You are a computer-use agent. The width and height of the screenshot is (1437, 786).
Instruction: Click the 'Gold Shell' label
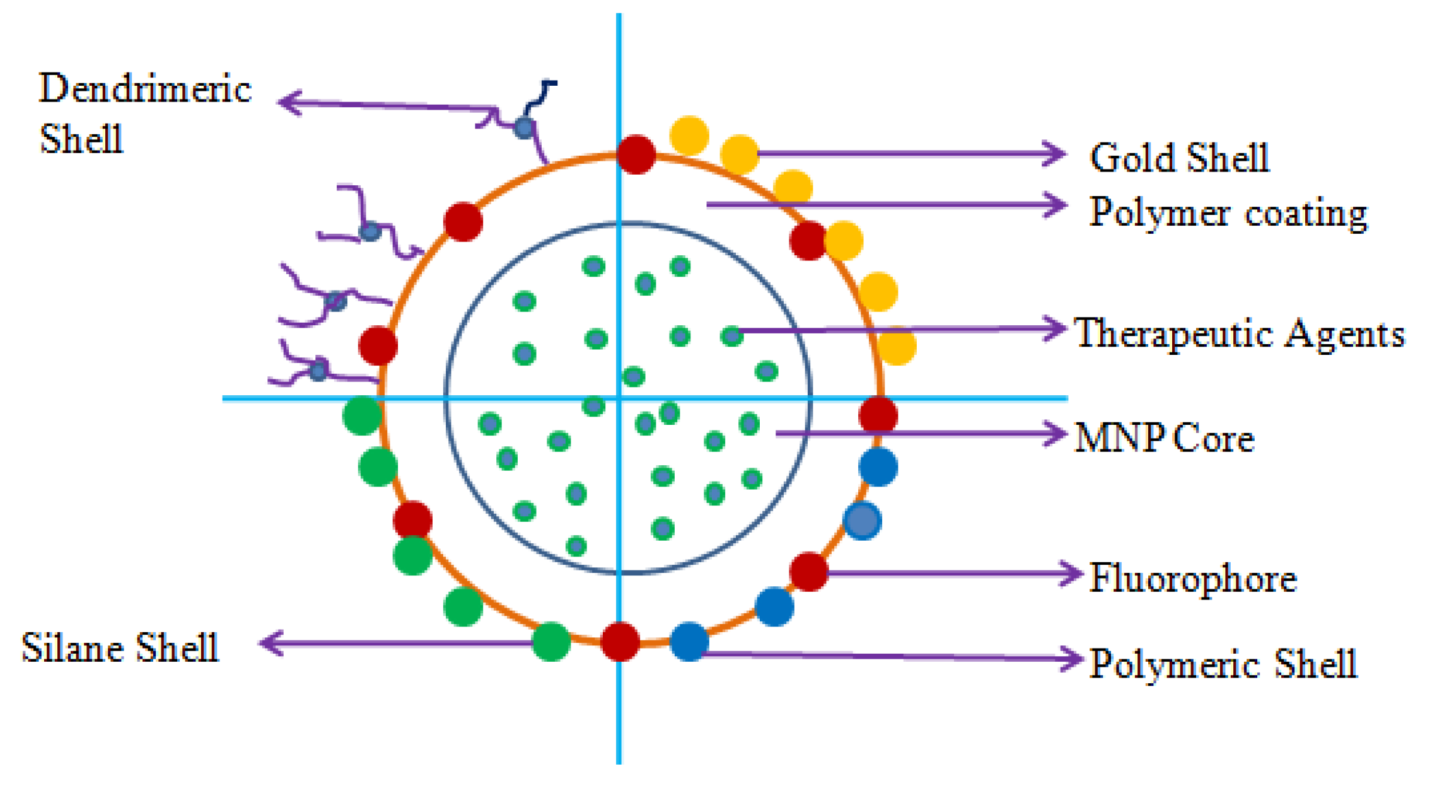click(x=1178, y=158)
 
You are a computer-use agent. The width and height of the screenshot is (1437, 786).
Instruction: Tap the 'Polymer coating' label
click(x=1228, y=212)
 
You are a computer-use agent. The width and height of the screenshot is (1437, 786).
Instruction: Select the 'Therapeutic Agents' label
click(x=1240, y=333)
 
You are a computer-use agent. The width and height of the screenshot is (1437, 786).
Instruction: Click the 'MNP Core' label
click(x=1164, y=437)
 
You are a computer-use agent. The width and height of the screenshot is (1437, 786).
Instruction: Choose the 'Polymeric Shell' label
click(x=1223, y=664)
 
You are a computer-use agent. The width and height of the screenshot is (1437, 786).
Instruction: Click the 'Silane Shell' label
click(x=120, y=647)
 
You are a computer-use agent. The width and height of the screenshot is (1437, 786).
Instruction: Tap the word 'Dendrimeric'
click(x=145, y=88)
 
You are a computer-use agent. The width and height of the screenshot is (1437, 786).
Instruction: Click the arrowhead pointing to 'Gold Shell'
click(x=1055, y=153)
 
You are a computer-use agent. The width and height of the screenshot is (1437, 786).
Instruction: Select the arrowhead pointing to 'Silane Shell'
click(x=270, y=644)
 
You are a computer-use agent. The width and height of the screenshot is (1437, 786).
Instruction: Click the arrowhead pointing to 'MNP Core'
click(x=1055, y=434)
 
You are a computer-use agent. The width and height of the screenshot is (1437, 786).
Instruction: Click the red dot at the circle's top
click(x=636, y=154)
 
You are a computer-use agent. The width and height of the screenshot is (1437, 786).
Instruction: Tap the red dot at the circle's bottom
click(x=620, y=642)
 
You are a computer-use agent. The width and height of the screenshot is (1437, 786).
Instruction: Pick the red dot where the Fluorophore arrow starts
click(x=809, y=572)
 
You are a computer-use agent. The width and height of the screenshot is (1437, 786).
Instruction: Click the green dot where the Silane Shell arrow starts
click(x=551, y=642)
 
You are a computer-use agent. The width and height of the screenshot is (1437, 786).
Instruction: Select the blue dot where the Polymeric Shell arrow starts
click(x=689, y=642)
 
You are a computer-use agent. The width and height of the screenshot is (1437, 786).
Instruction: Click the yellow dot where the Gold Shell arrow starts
click(x=740, y=154)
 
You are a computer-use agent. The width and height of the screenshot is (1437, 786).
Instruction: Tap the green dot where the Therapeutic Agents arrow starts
click(x=731, y=336)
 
